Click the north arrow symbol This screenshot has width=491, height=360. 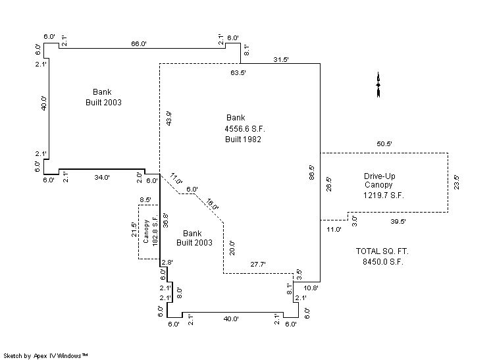point(378,85)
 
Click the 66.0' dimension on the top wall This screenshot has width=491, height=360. point(138,43)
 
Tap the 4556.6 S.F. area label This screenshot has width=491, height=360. point(245,128)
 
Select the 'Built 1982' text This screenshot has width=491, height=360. point(244,139)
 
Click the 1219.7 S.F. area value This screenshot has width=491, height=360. point(384,195)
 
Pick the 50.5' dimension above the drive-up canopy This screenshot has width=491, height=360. point(384,143)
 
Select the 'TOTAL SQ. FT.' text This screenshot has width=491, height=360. point(382,251)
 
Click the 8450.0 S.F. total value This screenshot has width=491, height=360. point(382,261)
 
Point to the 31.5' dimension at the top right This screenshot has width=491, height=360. point(281,59)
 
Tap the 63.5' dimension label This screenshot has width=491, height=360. point(238,73)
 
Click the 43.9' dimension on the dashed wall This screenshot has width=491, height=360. point(168,118)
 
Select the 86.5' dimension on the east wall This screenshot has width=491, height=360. point(312,172)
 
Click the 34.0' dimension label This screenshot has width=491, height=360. point(101,178)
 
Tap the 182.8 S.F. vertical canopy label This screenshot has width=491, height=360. point(155,231)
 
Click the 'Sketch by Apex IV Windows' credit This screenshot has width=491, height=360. point(46,355)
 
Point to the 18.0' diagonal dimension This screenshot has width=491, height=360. point(212,205)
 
